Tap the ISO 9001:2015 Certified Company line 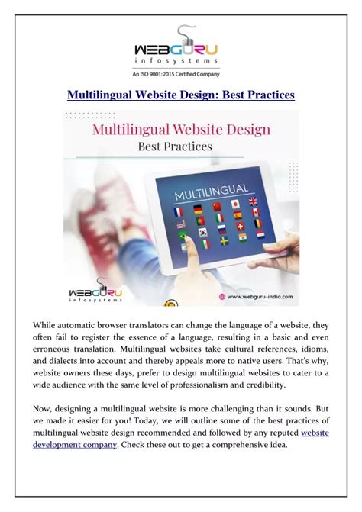(180, 74)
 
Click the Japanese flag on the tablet (236, 204)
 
